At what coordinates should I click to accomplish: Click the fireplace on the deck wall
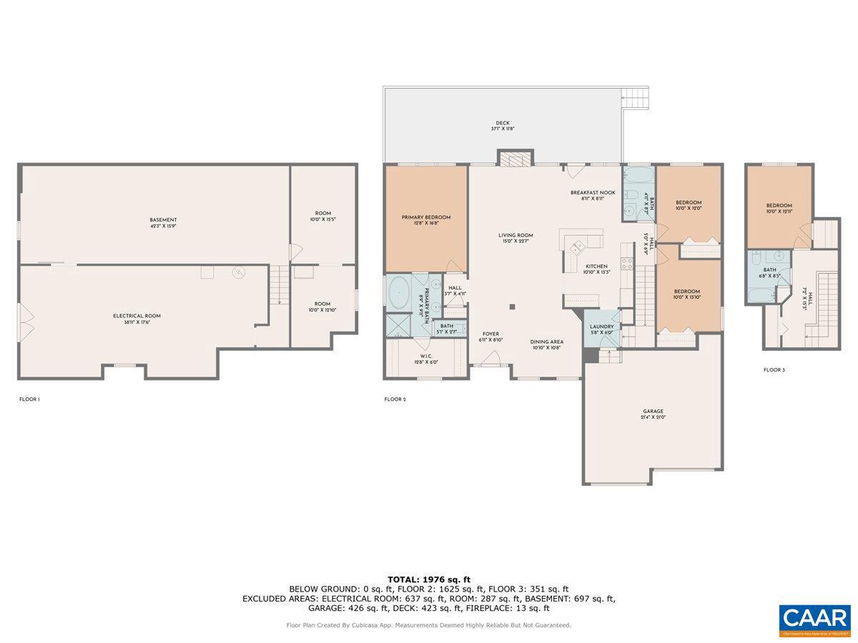point(516,159)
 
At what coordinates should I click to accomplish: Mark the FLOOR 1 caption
point(29,399)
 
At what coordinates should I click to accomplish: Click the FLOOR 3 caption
point(774,370)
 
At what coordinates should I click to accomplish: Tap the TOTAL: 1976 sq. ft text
point(429,579)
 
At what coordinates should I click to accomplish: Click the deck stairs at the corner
point(634,97)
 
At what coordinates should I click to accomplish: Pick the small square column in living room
point(512,307)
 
